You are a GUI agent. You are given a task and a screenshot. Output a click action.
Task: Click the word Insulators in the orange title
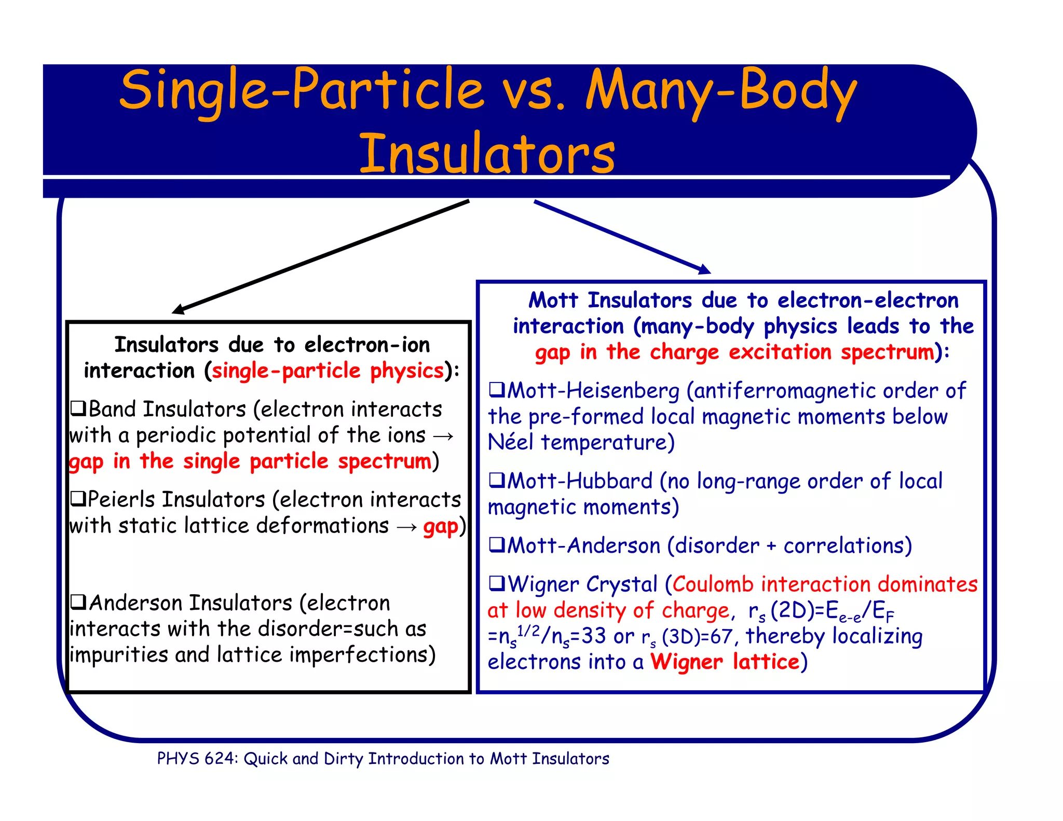(x=487, y=154)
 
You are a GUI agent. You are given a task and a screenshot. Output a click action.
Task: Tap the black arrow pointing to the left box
(x=322, y=256)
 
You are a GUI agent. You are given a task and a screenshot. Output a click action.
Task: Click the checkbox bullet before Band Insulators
(x=78, y=409)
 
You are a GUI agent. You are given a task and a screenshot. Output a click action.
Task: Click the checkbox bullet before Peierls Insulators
(x=78, y=499)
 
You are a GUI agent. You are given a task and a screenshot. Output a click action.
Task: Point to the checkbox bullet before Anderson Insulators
(x=78, y=603)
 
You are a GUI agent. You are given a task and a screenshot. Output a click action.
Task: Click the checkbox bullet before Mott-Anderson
(x=497, y=545)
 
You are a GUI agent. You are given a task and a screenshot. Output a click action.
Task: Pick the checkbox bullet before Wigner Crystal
(x=497, y=584)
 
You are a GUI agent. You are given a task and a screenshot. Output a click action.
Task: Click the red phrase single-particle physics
(x=328, y=371)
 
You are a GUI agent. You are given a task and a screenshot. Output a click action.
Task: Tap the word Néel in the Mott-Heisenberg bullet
(x=510, y=442)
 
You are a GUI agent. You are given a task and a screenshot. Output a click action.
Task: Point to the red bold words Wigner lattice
(x=725, y=662)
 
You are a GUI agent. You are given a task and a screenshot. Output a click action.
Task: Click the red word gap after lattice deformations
(x=441, y=527)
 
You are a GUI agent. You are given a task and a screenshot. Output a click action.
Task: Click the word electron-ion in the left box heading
(x=367, y=345)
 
